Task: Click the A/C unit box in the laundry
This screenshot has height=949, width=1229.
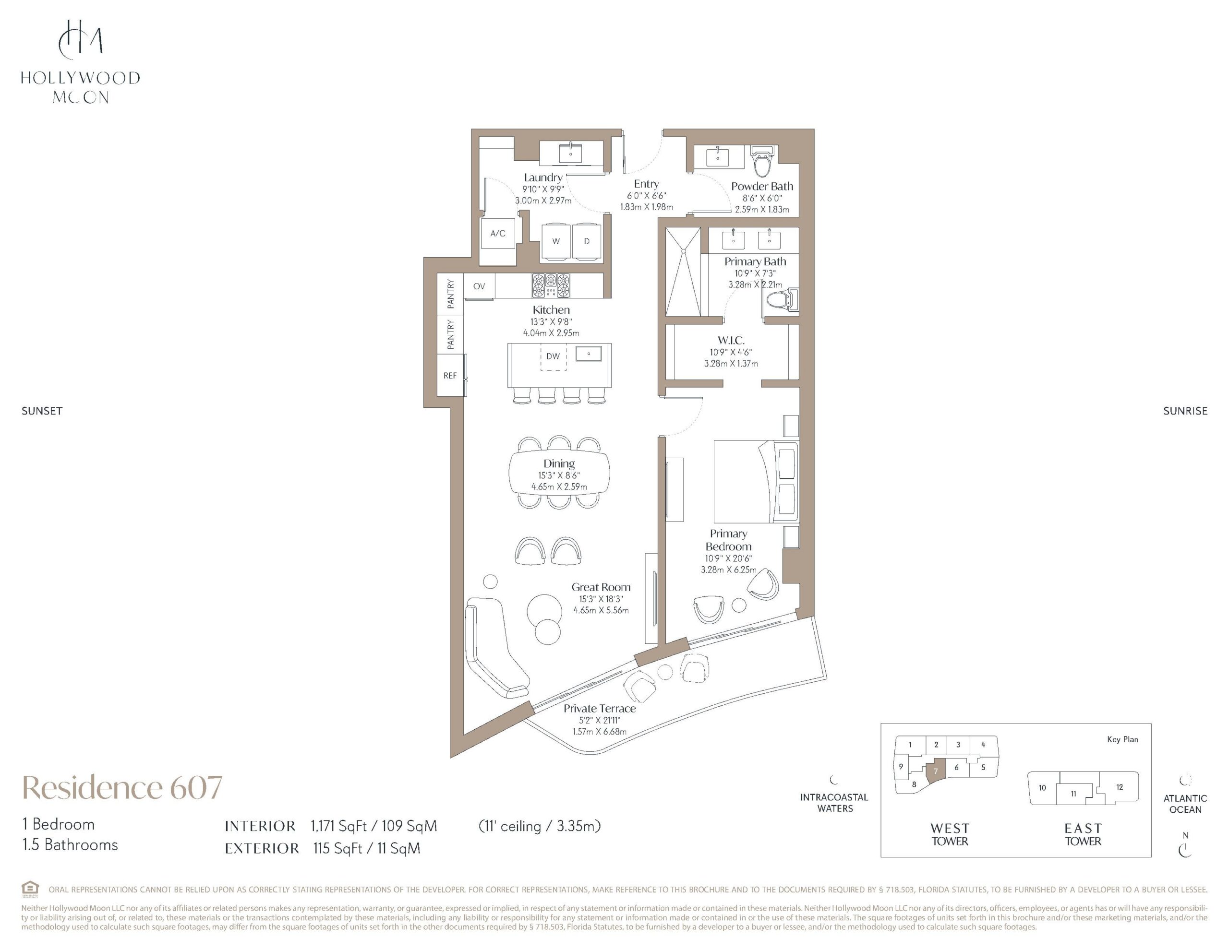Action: click(498, 234)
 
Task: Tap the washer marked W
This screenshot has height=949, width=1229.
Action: click(556, 241)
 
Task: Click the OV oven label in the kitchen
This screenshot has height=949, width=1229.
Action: click(479, 286)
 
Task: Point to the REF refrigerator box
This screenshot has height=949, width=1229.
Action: click(450, 375)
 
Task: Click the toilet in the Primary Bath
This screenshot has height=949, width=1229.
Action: click(783, 300)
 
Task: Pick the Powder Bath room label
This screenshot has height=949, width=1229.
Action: click(762, 186)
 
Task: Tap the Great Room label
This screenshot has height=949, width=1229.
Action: click(601, 587)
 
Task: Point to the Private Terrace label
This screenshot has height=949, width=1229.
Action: click(600, 709)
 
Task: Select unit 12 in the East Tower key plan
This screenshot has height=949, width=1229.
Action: click(1119, 787)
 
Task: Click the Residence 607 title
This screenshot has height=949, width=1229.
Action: click(122, 787)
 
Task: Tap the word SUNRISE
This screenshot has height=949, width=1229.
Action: click(1185, 411)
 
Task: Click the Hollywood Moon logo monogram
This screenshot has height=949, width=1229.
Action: click(81, 39)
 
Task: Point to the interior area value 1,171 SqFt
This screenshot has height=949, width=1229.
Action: click(338, 826)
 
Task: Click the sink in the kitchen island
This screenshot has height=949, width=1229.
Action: click(589, 354)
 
